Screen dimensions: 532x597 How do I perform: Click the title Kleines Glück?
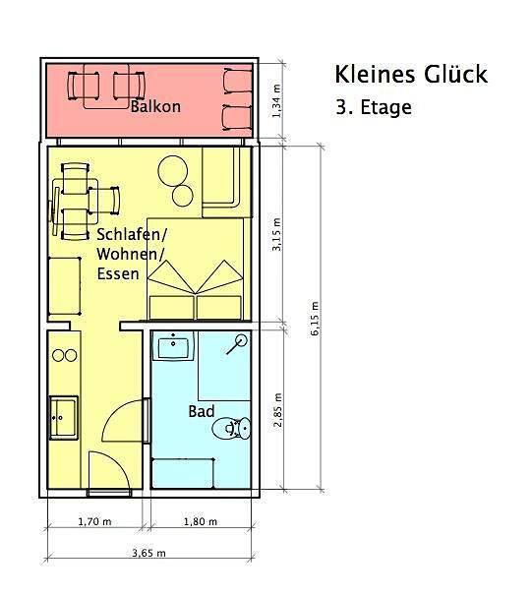pos(411,74)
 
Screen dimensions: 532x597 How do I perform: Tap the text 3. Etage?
pos(374,107)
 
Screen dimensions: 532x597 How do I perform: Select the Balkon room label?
pos(155,106)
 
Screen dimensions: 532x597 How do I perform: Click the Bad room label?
pos(202,411)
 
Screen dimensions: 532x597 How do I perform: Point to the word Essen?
pos(118,273)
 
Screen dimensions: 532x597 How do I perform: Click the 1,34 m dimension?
pos(276,101)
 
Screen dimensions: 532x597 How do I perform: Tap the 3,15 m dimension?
pos(276,234)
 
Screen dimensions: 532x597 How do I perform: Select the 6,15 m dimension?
pos(315,319)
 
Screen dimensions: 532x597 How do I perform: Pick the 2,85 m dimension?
pos(278,410)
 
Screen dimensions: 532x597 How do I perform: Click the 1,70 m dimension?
pos(94,521)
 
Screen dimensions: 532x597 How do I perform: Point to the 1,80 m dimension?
pos(201,521)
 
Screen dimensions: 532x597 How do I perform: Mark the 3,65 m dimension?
pos(148,553)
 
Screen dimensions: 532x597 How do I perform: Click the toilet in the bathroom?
pos(231,428)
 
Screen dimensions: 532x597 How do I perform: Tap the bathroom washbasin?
pos(173,346)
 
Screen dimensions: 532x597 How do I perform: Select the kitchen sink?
pos(64,418)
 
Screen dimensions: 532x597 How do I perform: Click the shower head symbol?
pos(237,344)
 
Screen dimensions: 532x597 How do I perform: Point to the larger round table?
pos(173,170)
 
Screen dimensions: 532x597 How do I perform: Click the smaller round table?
pos(183,196)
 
